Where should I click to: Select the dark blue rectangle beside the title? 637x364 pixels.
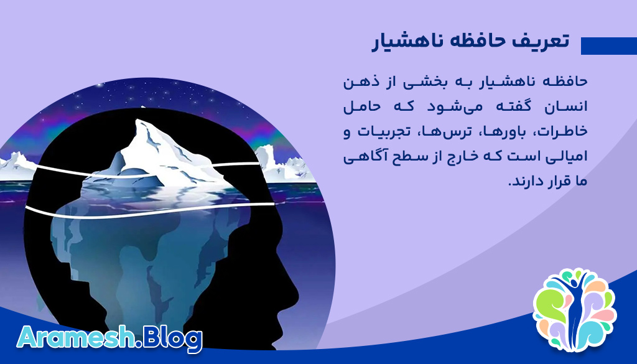pos(608,46)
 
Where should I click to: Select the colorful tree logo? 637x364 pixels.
pos(574,309)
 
